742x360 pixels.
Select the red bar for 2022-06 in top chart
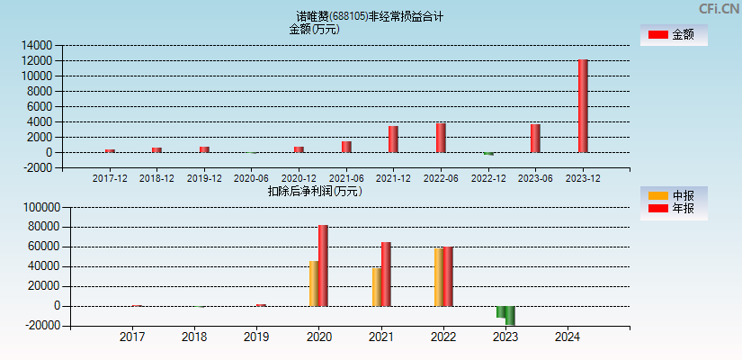click(x=441, y=138)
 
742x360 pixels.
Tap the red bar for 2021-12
click(x=393, y=139)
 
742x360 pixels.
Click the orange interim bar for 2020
click(x=314, y=283)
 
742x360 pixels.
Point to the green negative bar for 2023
click(x=510, y=315)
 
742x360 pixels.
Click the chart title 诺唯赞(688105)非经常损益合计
click(x=370, y=16)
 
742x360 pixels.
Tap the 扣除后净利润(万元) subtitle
click(x=314, y=191)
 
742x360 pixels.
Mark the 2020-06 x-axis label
click(x=251, y=178)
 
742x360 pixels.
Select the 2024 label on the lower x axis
click(x=568, y=337)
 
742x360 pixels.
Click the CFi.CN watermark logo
click(x=719, y=9)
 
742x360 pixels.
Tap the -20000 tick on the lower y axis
click(x=40, y=326)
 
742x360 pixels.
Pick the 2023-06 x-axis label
click(x=535, y=178)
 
